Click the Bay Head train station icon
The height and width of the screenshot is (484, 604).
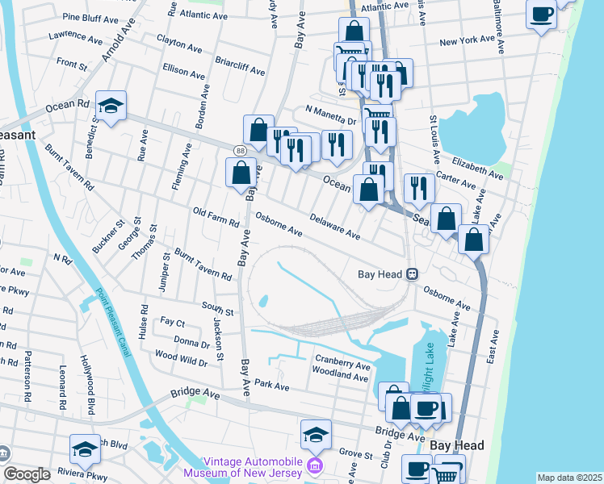tap(412, 274)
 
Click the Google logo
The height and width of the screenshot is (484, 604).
tap(27, 474)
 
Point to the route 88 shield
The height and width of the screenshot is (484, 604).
tap(241, 151)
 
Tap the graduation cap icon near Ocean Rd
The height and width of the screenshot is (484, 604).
tap(111, 106)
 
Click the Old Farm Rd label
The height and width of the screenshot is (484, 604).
tap(216, 217)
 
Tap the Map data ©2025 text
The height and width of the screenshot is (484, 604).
tap(569, 478)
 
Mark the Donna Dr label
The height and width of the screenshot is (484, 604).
tap(191, 343)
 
